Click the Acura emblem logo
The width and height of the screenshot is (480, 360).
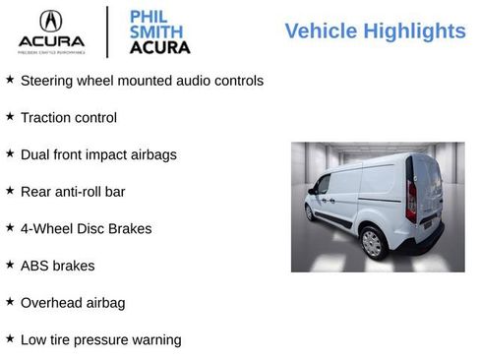pyautogui.click(x=48, y=21)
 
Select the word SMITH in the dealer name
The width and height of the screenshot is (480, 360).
pyautogui.click(x=156, y=30)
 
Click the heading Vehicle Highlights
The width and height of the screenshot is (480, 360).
pyautogui.click(x=375, y=31)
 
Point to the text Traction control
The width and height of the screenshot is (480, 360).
pyautogui.click(x=68, y=118)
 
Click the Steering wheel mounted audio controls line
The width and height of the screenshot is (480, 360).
pyautogui.click(x=142, y=81)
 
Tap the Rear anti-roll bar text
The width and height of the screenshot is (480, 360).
pyautogui.click(x=73, y=192)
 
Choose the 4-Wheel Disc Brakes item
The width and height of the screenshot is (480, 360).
pyautogui.click(x=86, y=229)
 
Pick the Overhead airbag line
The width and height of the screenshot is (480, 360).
pyautogui.click(x=72, y=303)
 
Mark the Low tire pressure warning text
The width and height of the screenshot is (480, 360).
pyautogui.click(x=100, y=340)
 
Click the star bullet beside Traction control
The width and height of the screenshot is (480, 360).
pyautogui.click(x=10, y=116)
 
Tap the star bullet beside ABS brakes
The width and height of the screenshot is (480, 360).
pyautogui.click(x=10, y=264)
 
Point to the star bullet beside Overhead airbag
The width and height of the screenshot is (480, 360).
pyautogui.click(x=10, y=301)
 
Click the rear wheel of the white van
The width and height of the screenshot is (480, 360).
pyautogui.click(x=372, y=243)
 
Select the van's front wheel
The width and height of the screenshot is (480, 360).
pyautogui.click(x=309, y=211)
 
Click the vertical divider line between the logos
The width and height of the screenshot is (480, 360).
pyautogui.click(x=107, y=30)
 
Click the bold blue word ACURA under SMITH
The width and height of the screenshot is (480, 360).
pyautogui.click(x=159, y=47)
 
